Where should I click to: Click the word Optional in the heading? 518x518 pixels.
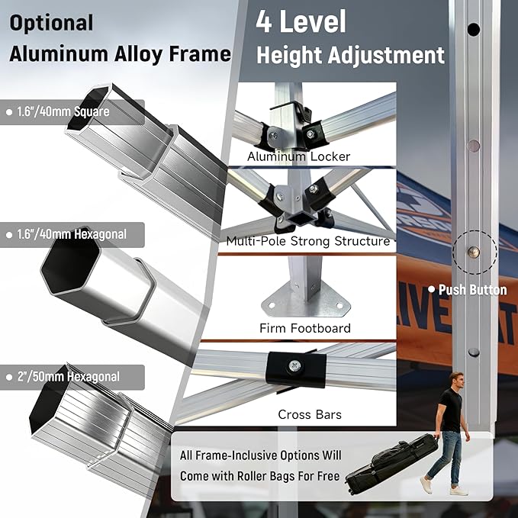pyautogui.click(x=51, y=24)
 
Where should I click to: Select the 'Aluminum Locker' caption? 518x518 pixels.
pyautogui.click(x=298, y=156)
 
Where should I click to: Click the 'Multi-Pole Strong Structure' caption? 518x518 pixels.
pyautogui.click(x=308, y=241)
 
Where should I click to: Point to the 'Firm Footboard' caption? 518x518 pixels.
pyautogui.click(x=305, y=328)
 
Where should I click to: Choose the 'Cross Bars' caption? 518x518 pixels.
pyautogui.click(x=310, y=414)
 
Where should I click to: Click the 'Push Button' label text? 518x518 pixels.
pyautogui.click(x=472, y=290)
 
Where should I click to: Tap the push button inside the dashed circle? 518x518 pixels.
pyautogui.click(x=474, y=252)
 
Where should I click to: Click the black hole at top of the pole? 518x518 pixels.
pyautogui.click(x=474, y=30)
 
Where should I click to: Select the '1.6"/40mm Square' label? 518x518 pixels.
pyautogui.click(x=63, y=111)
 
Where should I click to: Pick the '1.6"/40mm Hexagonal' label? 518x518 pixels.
pyautogui.click(x=72, y=234)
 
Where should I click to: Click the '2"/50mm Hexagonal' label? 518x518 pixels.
pyautogui.click(x=69, y=377)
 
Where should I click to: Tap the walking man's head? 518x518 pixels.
pyautogui.click(x=456, y=380)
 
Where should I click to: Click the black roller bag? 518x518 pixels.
pyautogui.click(x=391, y=462)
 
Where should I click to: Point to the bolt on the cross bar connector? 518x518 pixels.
pyautogui.click(x=294, y=365)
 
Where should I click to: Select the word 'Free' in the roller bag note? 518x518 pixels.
pyautogui.click(x=328, y=476)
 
